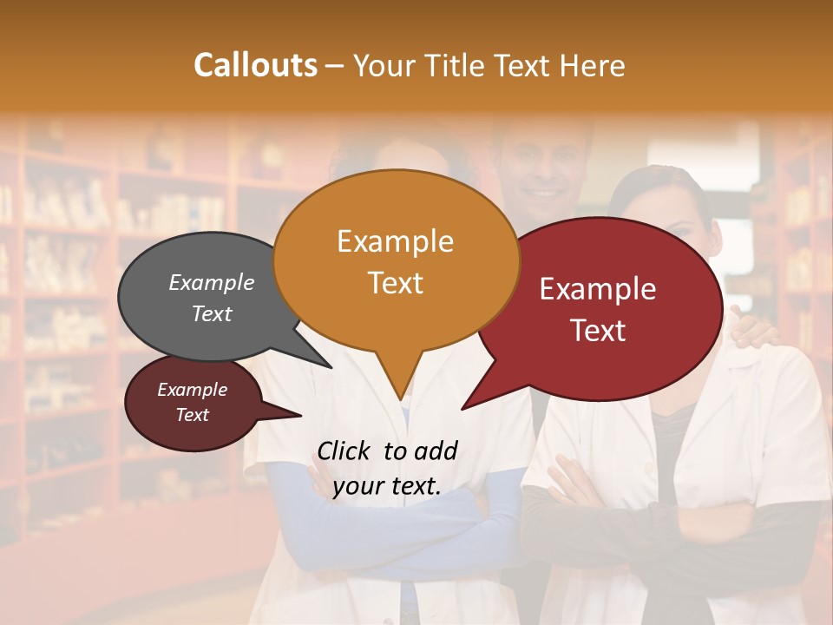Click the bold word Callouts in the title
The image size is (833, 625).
point(255,65)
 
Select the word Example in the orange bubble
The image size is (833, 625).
point(395,241)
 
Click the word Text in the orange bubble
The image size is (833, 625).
point(395,283)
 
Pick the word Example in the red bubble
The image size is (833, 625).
point(598,289)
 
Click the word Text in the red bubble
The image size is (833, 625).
point(598,331)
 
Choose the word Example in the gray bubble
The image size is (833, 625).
point(211,282)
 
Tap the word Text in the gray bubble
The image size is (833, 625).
point(211,313)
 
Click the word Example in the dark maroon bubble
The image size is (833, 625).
point(192,390)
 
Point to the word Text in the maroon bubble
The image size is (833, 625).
point(192,415)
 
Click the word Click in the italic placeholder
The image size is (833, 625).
point(345,451)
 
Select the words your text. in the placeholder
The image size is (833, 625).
point(387,486)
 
